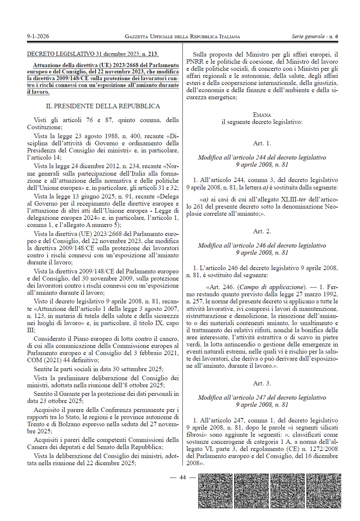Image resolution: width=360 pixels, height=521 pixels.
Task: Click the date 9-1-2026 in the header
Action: point(38,36)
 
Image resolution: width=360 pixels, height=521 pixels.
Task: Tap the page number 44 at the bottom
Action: point(183,477)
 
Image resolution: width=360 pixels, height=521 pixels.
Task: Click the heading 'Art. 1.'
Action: point(262,143)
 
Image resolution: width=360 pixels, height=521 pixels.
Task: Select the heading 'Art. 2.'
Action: point(262,231)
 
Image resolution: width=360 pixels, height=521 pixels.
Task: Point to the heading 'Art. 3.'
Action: point(262,383)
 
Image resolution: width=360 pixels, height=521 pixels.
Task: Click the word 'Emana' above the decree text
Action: point(262,115)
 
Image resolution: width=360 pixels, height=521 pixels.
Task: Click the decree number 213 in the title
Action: point(153,54)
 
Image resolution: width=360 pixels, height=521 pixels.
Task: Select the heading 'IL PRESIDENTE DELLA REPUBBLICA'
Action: point(103,106)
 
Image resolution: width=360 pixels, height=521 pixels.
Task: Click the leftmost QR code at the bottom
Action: point(215,491)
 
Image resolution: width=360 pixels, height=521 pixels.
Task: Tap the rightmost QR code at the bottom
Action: point(323,491)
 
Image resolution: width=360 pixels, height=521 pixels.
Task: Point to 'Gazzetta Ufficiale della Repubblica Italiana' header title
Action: point(182,36)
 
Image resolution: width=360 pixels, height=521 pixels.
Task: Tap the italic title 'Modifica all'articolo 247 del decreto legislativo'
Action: point(262,397)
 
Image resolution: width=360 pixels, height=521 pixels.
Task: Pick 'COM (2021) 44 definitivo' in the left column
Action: point(63,360)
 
